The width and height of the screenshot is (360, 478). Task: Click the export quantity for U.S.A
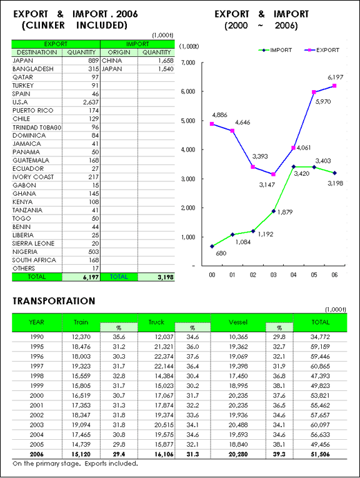pyautogui.click(x=91, y=102)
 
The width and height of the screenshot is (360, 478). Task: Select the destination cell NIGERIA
pyautogui.click(x=25, y=252)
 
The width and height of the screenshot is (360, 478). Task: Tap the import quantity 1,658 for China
pyautogui.click(x=166, y=61)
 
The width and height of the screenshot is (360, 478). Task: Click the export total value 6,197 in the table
pyautogui.click(x=91, y=277)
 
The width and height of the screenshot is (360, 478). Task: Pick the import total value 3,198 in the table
pyautogui.click(x=166, y=277)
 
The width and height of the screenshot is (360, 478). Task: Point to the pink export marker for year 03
pyautogui.click(x=274, y=175)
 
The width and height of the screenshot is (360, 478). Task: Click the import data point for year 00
pyautogui.click(x=212, y=247)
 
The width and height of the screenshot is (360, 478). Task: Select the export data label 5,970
pyautogui.click(x=323, y=102)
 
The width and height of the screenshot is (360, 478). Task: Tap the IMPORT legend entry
pyautogui.click(x=276, y=50)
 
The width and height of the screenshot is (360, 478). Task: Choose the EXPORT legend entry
pyautogui.click(x=322, y=50)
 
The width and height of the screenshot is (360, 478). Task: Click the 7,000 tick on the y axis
pyautogui.click(x=188, y=63)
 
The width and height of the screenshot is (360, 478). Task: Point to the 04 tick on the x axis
pyautogui.click(x=293, y=275)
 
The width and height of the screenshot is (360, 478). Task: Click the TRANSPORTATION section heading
pyautogui.click(x=54, y=301)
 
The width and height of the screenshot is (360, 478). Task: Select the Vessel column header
pyautogui.click(x=238, y=322)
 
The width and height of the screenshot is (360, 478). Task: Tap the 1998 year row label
pyautogui.click(x=37, y=376)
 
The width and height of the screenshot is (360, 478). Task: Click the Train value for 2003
pyautogui.click(x=81, y=425)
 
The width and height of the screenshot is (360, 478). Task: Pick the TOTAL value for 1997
pyautogui.click(x=321, y=366)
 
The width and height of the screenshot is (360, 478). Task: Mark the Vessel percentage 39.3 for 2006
pyautogui.click(x=279, y=454)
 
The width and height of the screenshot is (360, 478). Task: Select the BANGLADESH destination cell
pyautogui.click(x=33, y=69)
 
